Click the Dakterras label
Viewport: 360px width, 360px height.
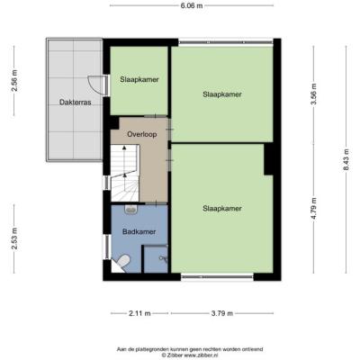(x=76, y=103)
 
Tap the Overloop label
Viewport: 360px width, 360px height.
(x=142, y=134)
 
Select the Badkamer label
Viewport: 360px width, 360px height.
(x=139, y=231)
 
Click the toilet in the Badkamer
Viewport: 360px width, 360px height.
(x=123, y=260)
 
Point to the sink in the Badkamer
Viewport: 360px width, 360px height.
(x=130, y=209)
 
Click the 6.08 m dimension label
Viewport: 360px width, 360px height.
(x=192, y=5)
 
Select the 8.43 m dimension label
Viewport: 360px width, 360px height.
(x=346, y=159)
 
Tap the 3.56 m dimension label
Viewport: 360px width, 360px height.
(x=314, y=94)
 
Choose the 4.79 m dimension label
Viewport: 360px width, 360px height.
(x=314, y=209)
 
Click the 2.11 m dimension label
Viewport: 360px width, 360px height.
(x=139, y=313)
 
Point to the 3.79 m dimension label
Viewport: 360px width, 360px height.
(x=222, y=313)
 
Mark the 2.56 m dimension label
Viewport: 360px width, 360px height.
(x=14, y=81)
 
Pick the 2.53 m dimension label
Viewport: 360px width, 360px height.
(x=14, y=238)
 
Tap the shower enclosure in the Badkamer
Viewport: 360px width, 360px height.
(x=156, y=259)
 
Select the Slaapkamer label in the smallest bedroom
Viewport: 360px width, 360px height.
(x=139, y=79)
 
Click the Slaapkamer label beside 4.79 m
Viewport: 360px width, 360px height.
(x=222, y=209)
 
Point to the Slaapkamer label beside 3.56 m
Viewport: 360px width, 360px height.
(x=222, y=94)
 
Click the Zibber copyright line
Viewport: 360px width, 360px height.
(x=190, y=355)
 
